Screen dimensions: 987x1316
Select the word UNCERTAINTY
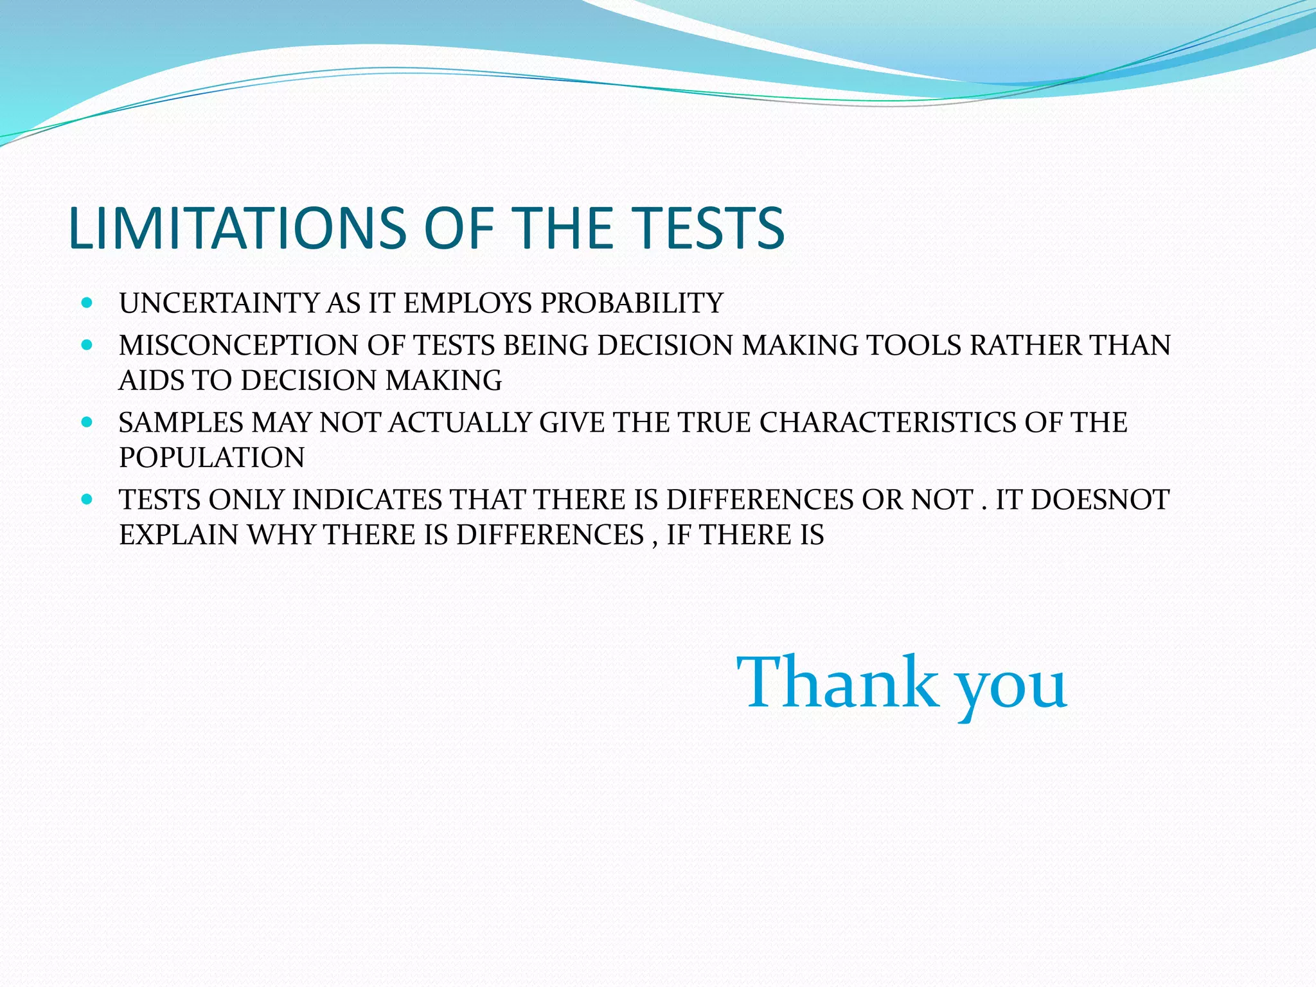(219, 303)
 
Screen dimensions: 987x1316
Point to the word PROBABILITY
(632, 303)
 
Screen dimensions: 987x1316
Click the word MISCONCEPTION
(239, 346)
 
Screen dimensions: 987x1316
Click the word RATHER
(1026, 346)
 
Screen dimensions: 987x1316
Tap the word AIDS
(152, 380)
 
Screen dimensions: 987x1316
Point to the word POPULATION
(212, 458)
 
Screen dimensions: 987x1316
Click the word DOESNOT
(1100, 500)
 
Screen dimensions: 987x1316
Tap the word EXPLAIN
(179, 535)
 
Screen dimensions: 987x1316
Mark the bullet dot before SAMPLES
(88, 422)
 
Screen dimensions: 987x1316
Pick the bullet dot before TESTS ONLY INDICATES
(88, 499)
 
